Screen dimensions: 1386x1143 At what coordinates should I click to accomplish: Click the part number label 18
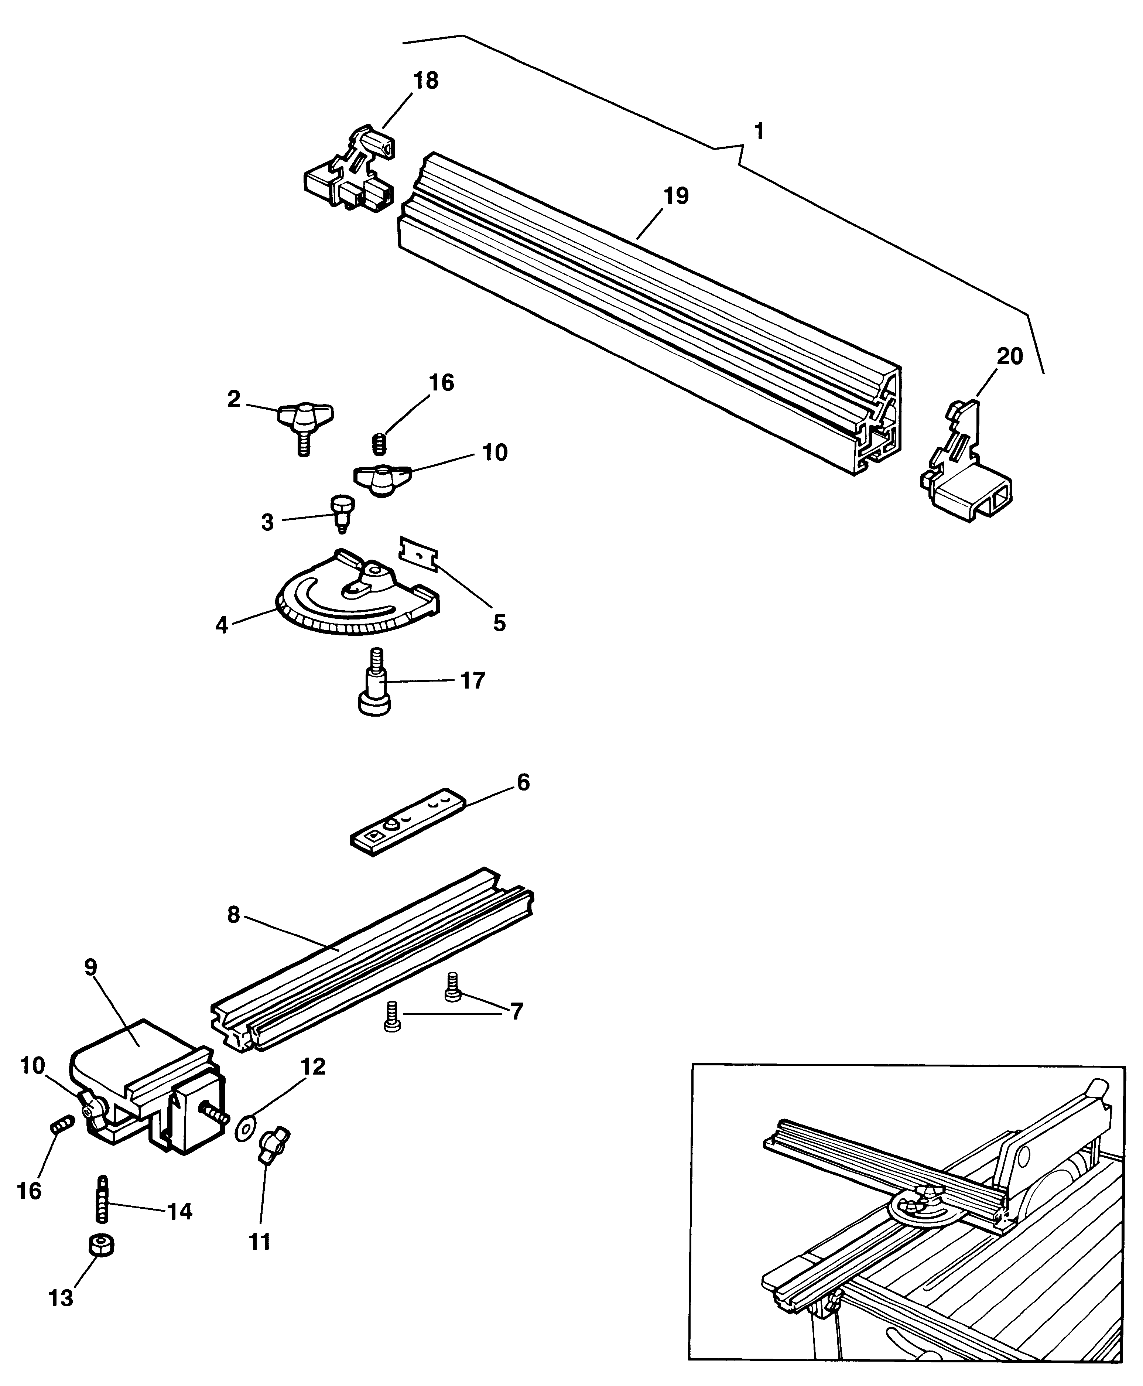point(425,81)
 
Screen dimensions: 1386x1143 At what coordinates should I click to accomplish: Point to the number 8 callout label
point(234,915)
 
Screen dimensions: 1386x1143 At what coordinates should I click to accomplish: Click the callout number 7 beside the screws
point(517,1011)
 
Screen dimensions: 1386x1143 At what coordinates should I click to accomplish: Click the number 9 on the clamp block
point(91,967)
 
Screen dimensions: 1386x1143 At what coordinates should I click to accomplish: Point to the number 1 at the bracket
point(759,132)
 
